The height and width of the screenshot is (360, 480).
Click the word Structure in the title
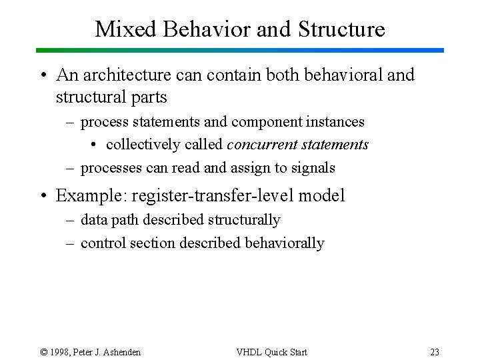tap(341, 29)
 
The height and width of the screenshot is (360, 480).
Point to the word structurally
tap(244, 219)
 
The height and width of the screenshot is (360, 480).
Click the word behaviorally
tap(285, 243)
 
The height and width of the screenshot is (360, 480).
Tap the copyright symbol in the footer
tap(44, 352)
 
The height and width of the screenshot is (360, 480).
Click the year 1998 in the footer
tap(61, 352)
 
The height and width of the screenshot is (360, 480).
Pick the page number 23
tap(435, 352)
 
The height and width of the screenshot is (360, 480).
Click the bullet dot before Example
tap(42, 196)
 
